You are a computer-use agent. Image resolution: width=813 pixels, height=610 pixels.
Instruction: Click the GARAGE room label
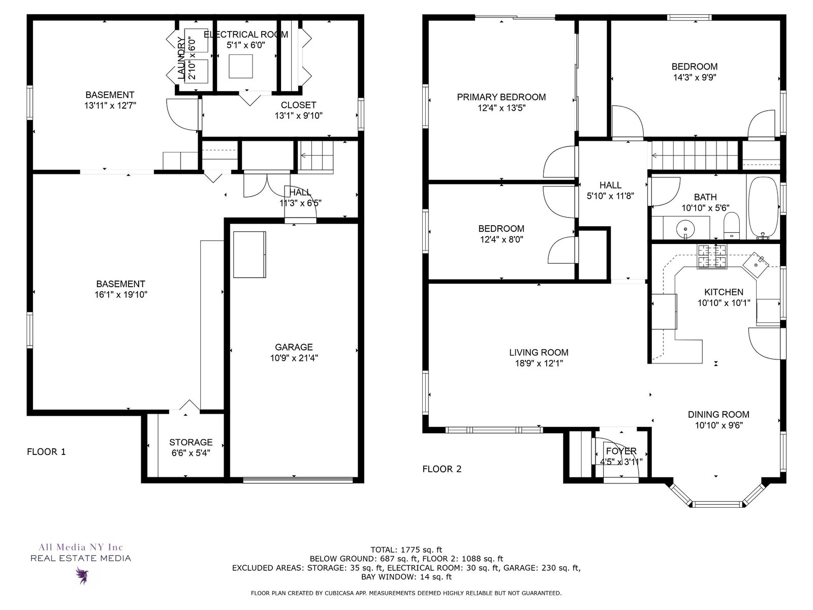pyautogui.click(x=294, y=347)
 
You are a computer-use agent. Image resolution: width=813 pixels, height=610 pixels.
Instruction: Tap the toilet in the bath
pyautogui.click(x=731, y=226)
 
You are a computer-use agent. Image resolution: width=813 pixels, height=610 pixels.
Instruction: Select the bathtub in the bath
pyautogui.click(x=763, y=207)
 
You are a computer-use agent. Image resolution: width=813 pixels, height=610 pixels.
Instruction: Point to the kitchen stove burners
pyautogui.click(x=712, y=256)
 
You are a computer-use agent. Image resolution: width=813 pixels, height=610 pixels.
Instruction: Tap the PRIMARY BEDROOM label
pyautogui.click(x=501, y=97)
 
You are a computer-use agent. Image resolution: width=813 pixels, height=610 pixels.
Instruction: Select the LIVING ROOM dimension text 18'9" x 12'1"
pyautogui.click(x=539, y=363)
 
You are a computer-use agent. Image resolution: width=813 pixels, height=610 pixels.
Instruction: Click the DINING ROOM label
pyautogui.click(x=718, y=414)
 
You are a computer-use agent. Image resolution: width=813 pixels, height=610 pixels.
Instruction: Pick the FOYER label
pyautogui.click(x=621, y=451)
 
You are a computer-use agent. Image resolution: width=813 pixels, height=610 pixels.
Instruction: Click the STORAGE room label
pyautogui.click(x=191, y=442)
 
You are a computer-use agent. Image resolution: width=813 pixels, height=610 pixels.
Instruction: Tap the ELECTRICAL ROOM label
pyautogui.click(x=246, y=35)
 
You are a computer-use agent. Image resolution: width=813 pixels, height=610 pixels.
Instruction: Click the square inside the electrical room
pyautogui.click(x=241, y=66)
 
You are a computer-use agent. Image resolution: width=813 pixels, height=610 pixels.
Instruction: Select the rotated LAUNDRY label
pyautogui.click(x=181, y=58)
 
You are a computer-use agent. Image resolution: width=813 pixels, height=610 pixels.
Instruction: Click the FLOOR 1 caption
pyautogui.click(x=46, y=452)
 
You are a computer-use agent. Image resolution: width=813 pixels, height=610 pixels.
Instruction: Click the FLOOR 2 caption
pyautogui.click(x=442, y=469)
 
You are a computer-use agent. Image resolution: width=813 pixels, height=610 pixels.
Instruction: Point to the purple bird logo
pyautogui.click(x=82, y=575)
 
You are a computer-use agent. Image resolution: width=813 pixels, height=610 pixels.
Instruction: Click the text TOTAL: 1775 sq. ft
pyautogui.click(x=407, y=550)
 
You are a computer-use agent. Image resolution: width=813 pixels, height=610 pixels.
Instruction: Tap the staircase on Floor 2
pyautogui.click(x=695, y=155)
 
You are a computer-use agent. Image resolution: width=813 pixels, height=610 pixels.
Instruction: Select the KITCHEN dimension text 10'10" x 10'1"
pyautogui.click(x=724, y=303)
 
